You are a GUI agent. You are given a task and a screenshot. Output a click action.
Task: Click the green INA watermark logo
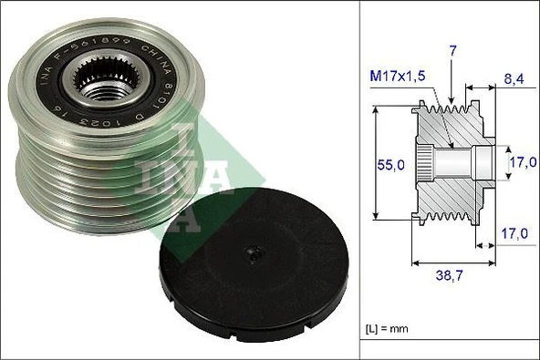(x=173, y=169)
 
